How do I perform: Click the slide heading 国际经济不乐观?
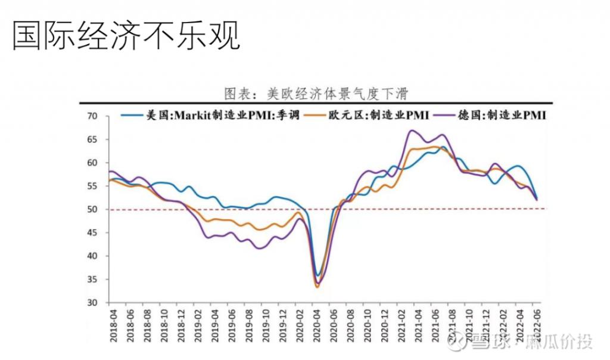coord(126,37)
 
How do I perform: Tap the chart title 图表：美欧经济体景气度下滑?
coord(315,94)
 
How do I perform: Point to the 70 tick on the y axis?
coord(92,116)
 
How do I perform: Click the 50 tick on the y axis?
coord(92,209)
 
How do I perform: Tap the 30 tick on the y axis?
coord(92,303)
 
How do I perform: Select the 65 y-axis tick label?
coord(92,139)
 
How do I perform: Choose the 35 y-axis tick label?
coord(92,280)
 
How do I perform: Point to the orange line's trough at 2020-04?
coord(317,287)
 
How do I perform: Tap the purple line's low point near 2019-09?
coord(260,248)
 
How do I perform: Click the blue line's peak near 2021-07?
coord(444,147)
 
